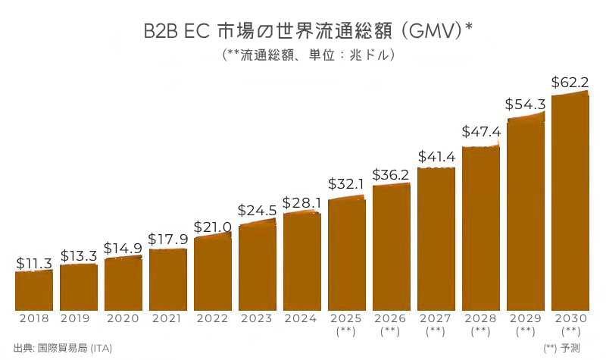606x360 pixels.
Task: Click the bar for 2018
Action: tap(34, 290)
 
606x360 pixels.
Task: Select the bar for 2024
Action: tap(302, 261)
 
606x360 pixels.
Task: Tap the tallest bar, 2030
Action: tap(570, 201)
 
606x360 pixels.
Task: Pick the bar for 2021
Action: tap(168, 279)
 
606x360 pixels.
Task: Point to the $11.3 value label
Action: tap(34, 263)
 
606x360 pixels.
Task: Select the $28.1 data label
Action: tap(302, 203)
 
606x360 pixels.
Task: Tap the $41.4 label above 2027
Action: tap(436, 157)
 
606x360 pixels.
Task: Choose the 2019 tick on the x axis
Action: tap(79, 318)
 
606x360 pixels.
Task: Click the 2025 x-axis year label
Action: tap(347, 318)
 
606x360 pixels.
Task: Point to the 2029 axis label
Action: tap(526, 318)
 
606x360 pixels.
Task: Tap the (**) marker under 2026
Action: tap(392, 331)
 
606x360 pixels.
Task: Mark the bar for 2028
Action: tap(481, 227)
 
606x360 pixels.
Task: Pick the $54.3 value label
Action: tap(526, 105)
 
